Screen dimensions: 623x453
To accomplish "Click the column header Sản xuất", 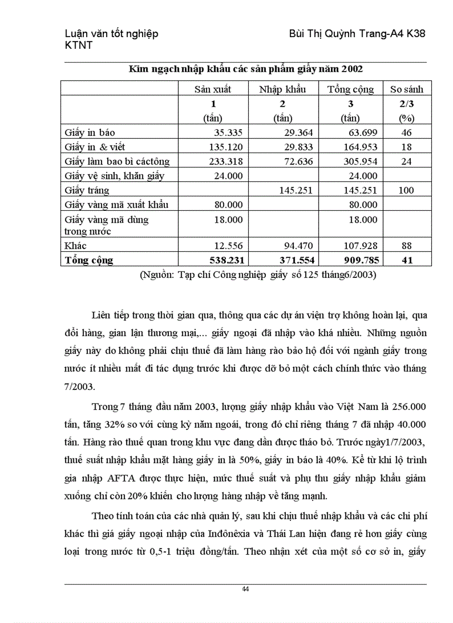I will (x=213, y=89).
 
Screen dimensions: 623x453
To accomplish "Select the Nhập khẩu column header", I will (x=282, y=89).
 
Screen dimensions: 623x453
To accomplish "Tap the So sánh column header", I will (x=406, y=89).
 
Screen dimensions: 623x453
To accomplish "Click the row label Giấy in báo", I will (x=90, y=133).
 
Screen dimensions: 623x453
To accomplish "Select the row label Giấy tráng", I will (x=87, y=190).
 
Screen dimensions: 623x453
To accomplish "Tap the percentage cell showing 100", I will (x=406, y=190).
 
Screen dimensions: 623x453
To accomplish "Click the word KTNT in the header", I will (x=79, y=45).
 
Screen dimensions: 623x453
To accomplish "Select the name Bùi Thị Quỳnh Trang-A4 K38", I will (x=358, y=34).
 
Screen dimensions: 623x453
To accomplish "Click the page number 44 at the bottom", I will (x=245, y=589).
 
